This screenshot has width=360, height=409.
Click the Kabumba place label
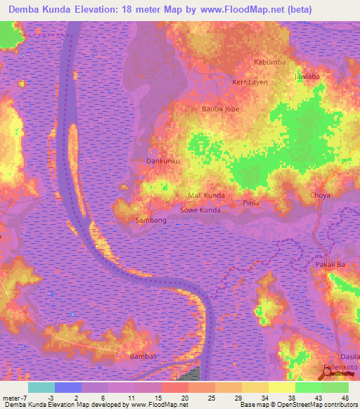[x=270, y=63]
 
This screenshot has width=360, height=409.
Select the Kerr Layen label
[x=250, y=82]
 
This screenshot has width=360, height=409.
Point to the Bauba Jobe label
[x=220, y=109]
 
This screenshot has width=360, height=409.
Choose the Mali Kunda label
[x=206, y=195]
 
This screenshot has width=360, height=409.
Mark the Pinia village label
[x=251, y=203]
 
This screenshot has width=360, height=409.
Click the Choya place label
[x=320, y=195]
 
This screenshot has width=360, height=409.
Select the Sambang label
[x=150, y=221]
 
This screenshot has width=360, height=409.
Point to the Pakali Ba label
[x=330, y=264]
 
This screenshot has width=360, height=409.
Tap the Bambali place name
[x=143, y=356]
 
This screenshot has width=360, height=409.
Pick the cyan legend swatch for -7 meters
[x=41, y=387]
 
